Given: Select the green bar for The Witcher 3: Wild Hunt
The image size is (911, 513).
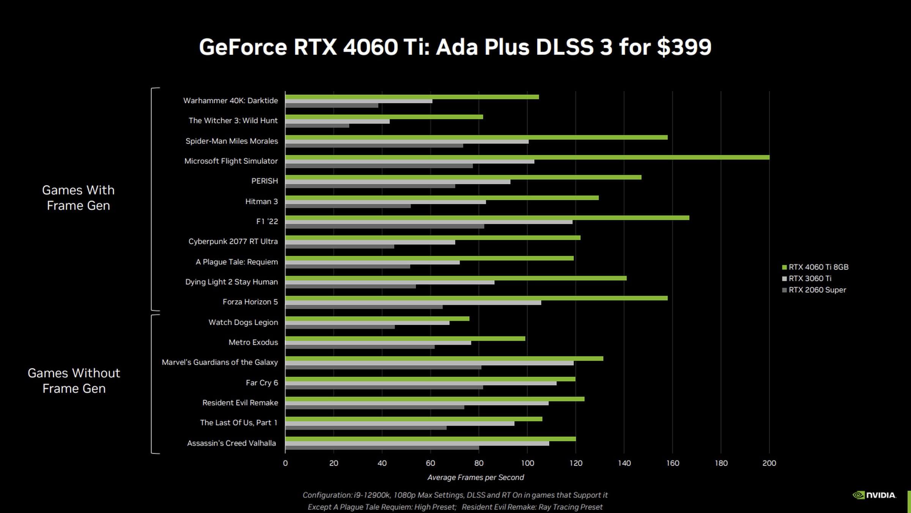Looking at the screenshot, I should click(384, 117).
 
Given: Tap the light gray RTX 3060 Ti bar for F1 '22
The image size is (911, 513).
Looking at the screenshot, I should click(429, 222).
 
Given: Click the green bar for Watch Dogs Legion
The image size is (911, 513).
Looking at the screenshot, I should click(377, 319).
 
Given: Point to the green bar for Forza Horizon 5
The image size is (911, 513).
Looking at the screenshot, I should click(476, 298).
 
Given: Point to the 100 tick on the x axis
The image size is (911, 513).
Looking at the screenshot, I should click(527, 463).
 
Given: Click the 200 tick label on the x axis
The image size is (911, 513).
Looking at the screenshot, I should click(769, 463).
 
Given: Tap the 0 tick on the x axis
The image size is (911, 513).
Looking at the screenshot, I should click(285, 463).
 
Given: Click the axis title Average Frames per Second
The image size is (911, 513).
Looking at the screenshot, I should click(476, 478).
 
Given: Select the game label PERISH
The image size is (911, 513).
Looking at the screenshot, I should click(265, 181).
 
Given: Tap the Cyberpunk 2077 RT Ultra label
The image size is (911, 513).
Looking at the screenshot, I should click(233, 242).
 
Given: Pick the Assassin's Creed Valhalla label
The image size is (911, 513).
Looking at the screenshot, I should click(232, 443).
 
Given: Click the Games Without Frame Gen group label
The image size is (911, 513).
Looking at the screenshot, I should click(74, 380).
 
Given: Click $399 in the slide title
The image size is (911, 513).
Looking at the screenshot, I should click(684, 47).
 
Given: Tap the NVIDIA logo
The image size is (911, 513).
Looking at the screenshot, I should click(875, 495).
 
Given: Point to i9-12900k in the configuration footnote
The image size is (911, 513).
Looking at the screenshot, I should click(372, 495).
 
